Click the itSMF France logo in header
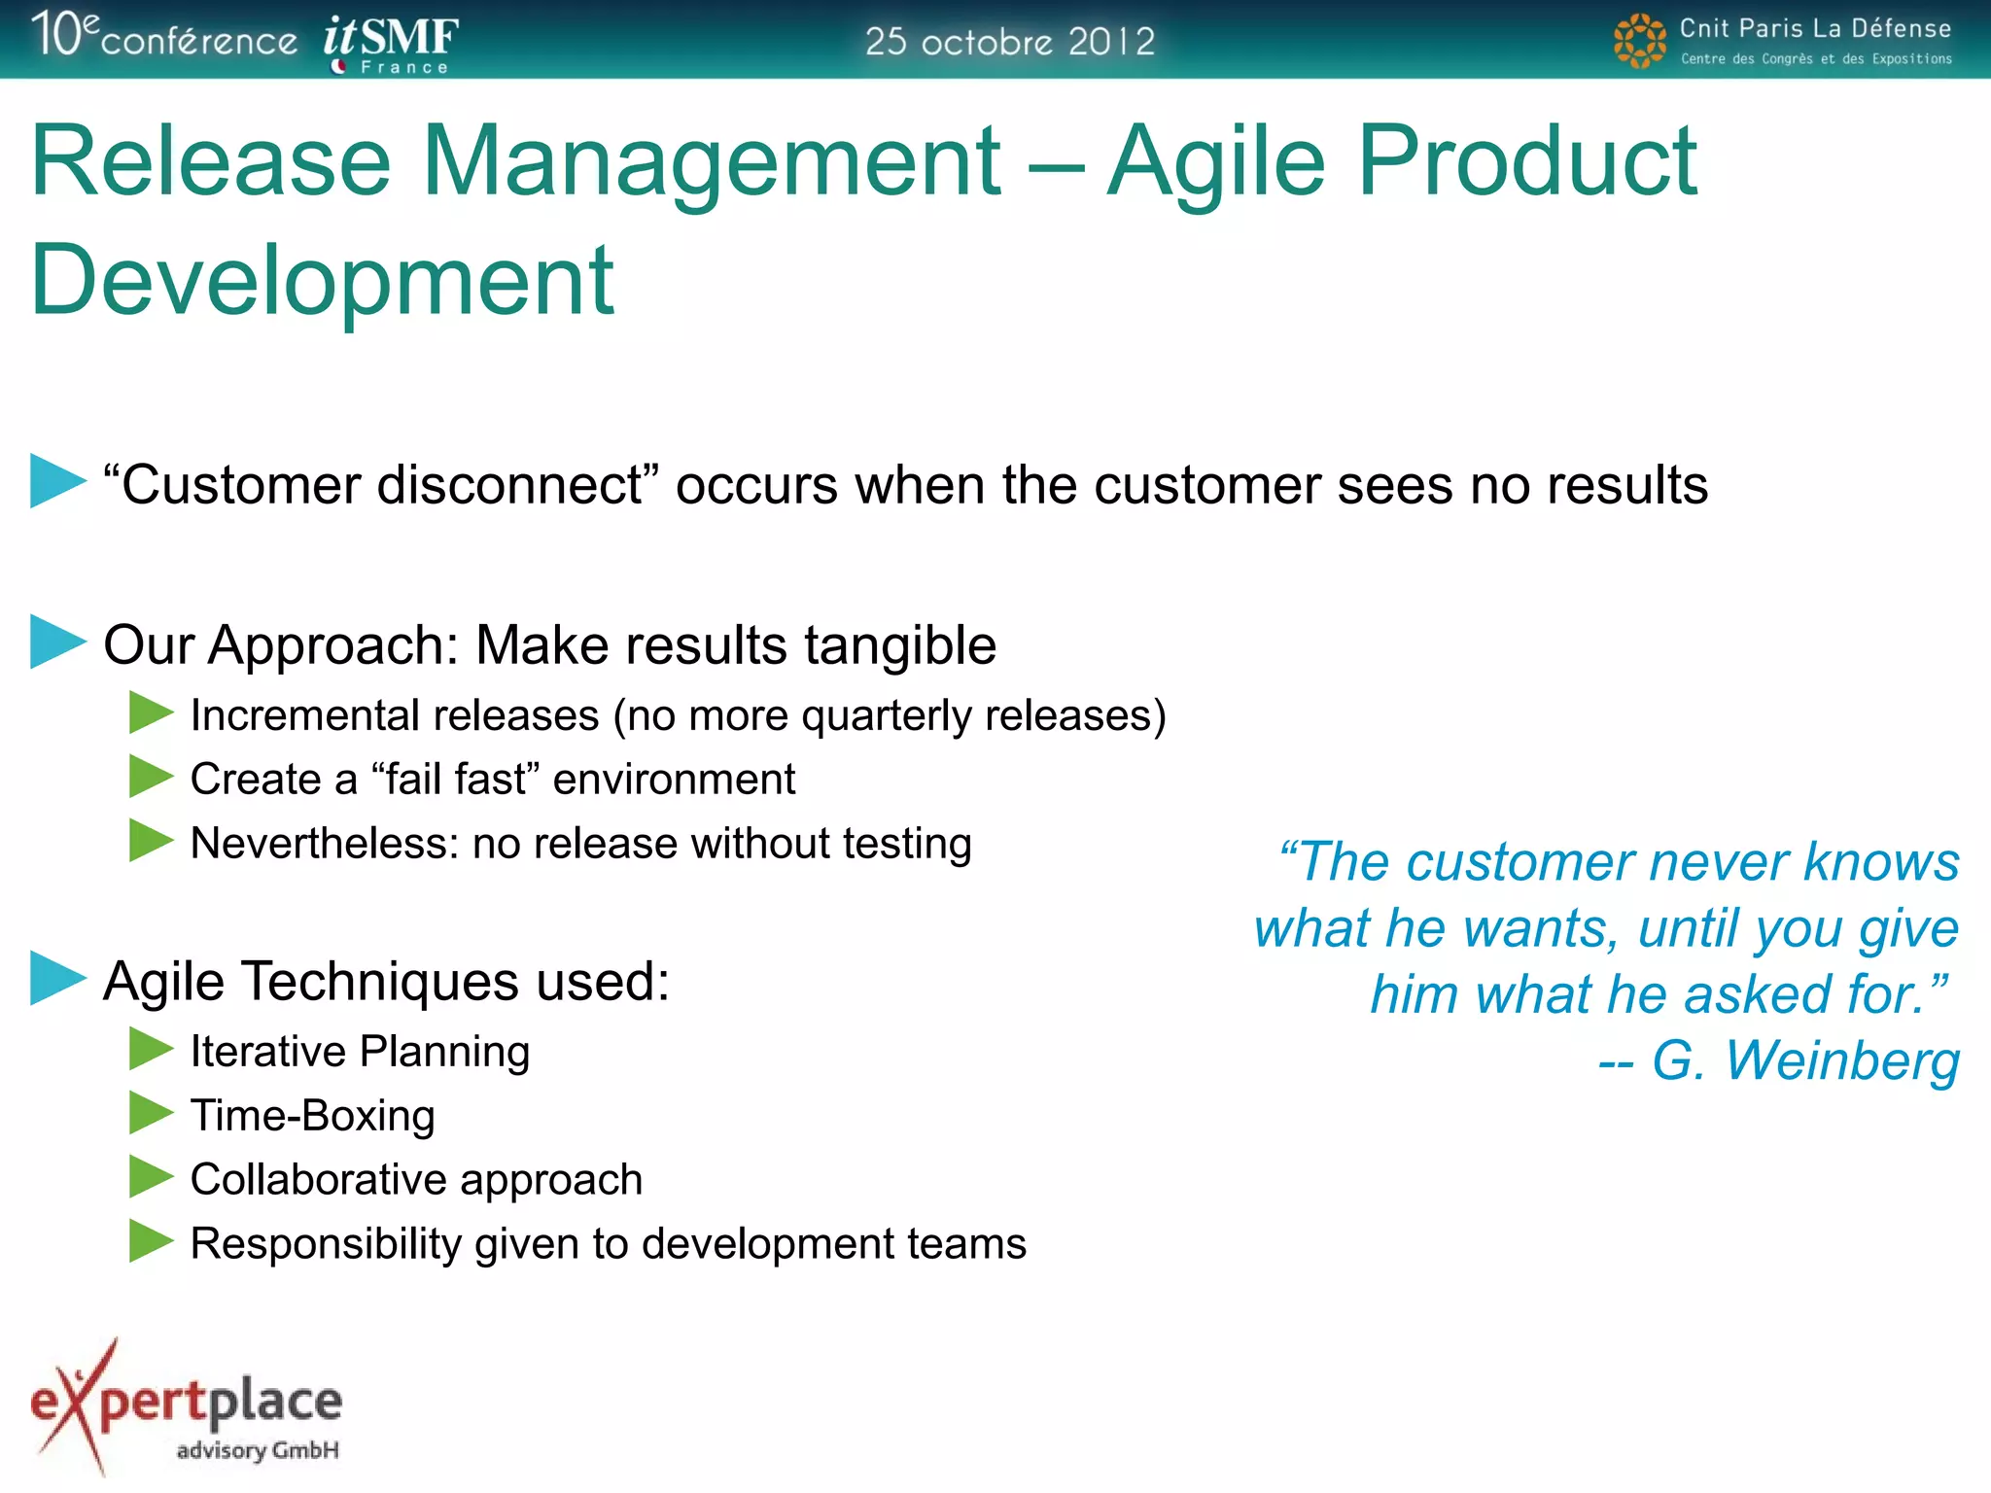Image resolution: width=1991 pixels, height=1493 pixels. [x=391, y=43]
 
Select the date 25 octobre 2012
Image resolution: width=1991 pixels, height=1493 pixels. [x=1010, y=42]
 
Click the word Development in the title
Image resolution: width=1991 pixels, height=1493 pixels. [x=322, y=281]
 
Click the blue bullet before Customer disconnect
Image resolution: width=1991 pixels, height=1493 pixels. [x=57, y=481]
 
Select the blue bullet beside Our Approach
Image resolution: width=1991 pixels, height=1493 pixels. [x=57, y=642]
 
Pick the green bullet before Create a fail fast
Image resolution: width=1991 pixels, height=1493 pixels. [x=150, y=777]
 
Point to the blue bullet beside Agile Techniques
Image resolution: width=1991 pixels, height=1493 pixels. [x=57, y=978]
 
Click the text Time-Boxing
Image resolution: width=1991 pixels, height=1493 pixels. [x=312, y=1115]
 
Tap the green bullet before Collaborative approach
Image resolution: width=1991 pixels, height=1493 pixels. [x=150, y=1177]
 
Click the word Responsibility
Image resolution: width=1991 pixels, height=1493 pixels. [x=326, y=1244]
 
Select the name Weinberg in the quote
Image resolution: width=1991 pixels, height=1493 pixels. [x=1842, y=1060]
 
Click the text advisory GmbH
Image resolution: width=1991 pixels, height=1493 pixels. [x=258, y=1450]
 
